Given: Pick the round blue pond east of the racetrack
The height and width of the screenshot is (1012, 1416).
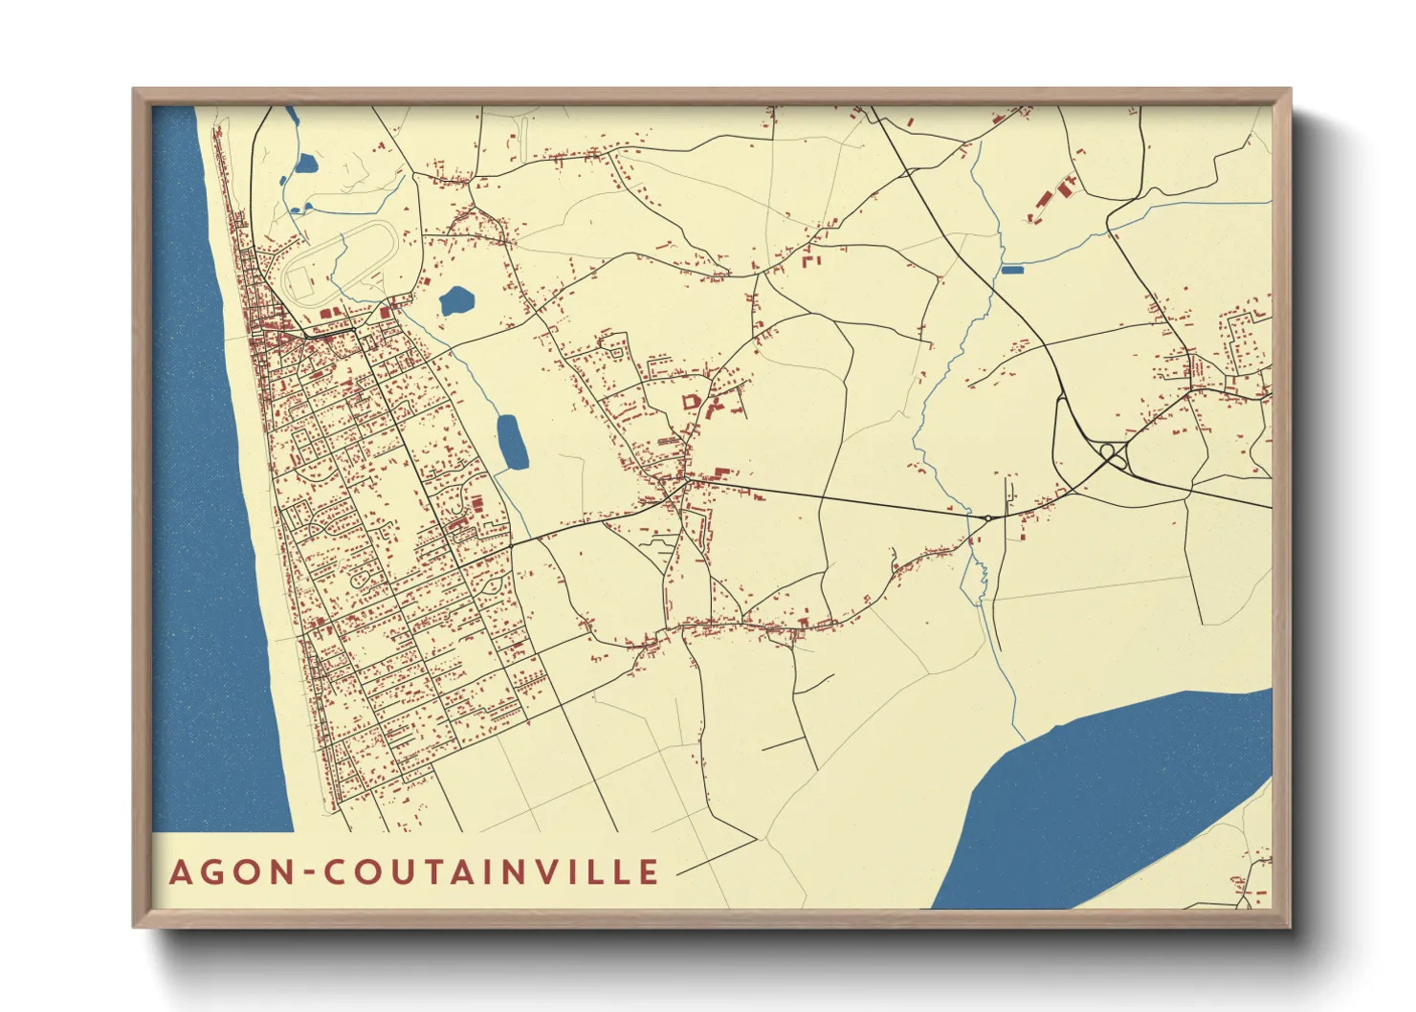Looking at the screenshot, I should click(x=455, y=302).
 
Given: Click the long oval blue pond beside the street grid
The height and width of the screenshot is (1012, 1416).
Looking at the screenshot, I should click(x=512, y=443).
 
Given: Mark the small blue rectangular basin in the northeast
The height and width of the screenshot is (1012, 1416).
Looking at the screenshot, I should click(x=1012, y=270).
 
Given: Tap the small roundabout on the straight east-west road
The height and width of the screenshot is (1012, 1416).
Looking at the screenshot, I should click(x=986, y=517).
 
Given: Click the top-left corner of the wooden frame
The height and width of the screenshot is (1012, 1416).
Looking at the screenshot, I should click(x=135, y=91).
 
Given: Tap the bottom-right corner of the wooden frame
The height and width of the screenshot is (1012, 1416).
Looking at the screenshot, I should click(x=1289, y=925).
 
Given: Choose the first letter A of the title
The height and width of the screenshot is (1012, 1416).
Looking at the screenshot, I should click(x=180, y=872).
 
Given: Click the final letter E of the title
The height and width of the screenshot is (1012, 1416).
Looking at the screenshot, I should click(x=650, y=872).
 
